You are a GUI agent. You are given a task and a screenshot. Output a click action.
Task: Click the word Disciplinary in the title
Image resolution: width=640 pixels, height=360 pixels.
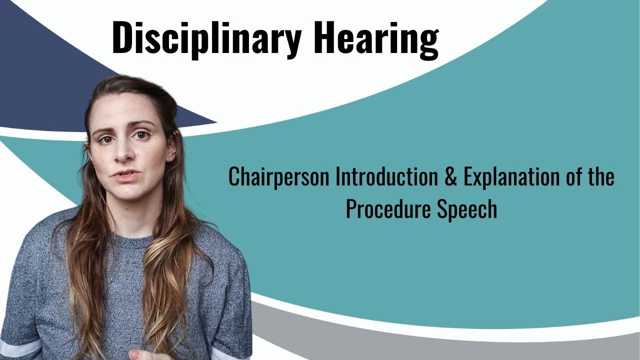(206, 38)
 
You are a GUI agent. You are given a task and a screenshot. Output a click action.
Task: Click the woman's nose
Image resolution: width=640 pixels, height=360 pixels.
(122, 152)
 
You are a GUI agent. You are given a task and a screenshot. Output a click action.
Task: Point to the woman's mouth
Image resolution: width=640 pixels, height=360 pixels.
(125, 176)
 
